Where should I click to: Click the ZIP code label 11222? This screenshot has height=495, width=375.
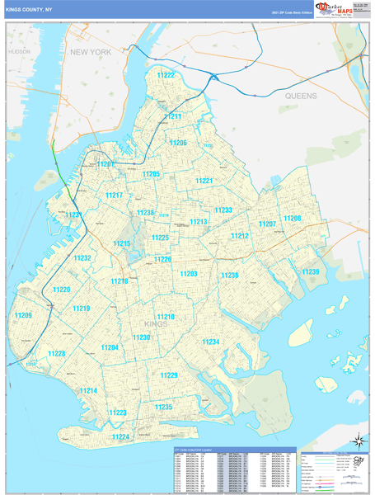click(166, 75)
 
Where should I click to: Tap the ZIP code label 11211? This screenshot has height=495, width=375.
click(172, 117)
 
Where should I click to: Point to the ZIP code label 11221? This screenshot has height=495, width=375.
click(204, 181)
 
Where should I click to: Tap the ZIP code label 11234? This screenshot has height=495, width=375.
click(211, 342)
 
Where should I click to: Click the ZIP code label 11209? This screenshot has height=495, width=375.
click(23, 316)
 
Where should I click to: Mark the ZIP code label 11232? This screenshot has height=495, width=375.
click(82, 258)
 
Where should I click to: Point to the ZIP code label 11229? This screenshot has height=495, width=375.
click(169, 375)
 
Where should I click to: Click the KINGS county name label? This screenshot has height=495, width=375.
click(156, 324)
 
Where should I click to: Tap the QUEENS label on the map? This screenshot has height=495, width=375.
click(301, 97)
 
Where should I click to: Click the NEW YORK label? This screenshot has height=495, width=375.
click(90, 52)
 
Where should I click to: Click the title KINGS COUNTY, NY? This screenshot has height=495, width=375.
click(30, 11)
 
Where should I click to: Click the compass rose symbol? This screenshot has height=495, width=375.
click(357, 440)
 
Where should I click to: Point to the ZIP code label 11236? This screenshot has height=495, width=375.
click(229, 276)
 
